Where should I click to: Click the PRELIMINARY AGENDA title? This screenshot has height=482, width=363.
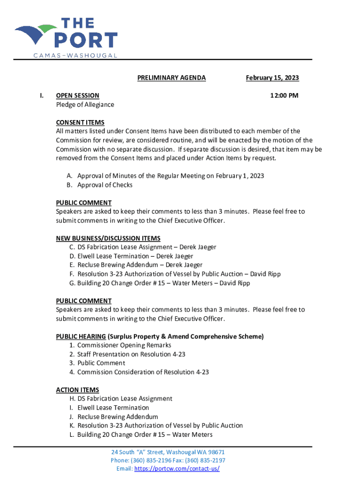tap(172, 78)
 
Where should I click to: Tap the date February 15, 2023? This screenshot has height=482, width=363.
tap(272, 78)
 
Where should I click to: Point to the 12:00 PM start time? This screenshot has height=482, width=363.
tap(284, 96)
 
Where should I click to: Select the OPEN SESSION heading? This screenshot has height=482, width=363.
tap(78, 96)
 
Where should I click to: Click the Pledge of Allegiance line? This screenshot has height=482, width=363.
tap(85, 104)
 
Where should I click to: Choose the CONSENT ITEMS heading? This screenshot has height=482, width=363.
tap(80, 122)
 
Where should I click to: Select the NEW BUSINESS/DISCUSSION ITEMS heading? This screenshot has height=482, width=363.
tap(108, 238)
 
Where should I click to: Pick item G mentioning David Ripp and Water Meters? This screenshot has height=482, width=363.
tap(159, 283)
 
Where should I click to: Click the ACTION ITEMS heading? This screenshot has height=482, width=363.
tap(77, 390)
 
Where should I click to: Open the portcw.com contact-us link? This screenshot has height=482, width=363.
tap(177, 469)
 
